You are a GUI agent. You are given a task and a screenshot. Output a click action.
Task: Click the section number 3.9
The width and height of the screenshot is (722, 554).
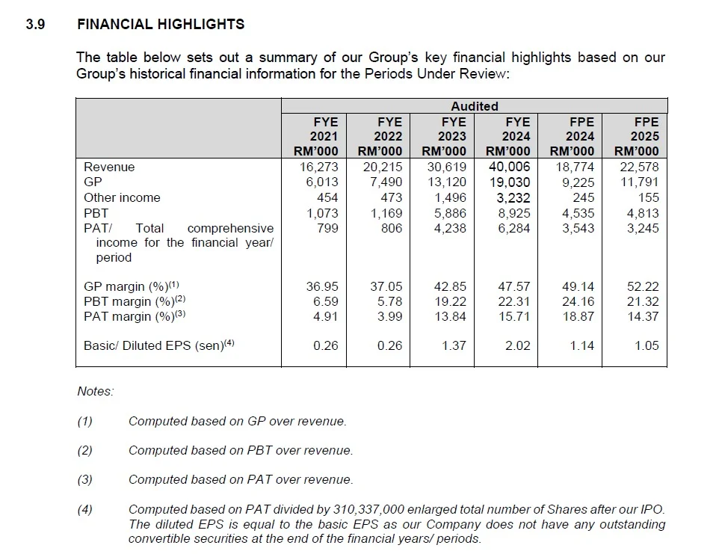[35, 24]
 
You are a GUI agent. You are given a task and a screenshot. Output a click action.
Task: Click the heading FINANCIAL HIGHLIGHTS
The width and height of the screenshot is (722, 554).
[161, 24]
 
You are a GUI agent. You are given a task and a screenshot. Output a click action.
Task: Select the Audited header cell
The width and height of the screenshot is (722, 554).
[474, 106]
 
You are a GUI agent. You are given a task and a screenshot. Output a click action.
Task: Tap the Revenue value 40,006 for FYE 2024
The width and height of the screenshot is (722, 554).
[509, 167]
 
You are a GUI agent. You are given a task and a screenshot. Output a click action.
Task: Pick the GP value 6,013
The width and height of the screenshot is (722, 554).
[322, 182]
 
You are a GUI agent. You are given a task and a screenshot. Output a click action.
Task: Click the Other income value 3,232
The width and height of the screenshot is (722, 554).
[514, 197]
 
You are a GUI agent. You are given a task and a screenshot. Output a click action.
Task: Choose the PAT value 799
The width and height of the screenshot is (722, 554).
[328, 228]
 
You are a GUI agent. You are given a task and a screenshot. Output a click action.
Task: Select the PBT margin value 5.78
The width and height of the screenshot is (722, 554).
[389, 301]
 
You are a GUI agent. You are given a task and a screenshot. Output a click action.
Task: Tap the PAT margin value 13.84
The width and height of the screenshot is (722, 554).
[452, 316]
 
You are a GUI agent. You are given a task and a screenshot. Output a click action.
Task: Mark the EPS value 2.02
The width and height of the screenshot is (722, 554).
[517, 345]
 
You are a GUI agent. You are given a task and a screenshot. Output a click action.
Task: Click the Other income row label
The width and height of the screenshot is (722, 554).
[122, 197]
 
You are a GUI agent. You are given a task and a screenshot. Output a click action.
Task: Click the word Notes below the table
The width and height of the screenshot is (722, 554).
[95, 391]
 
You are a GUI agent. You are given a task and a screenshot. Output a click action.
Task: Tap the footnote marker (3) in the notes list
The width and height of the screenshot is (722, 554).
[85, 479]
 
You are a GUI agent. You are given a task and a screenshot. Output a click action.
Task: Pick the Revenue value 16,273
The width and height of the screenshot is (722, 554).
[319, 167]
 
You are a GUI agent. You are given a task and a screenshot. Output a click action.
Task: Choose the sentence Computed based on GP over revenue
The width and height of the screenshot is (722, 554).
[237, 421]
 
